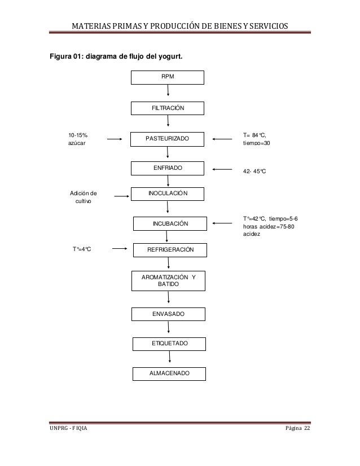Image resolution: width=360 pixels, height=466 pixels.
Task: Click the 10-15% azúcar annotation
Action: [x=78, y=139]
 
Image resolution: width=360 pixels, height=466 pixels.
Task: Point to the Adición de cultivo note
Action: [x=84, y=197]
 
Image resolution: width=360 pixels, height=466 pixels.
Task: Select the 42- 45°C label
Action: [x=254, y=171]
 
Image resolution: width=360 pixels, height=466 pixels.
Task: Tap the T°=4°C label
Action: [x=82, y=249]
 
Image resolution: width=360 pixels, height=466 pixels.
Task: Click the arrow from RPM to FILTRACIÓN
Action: [x=168, y=90]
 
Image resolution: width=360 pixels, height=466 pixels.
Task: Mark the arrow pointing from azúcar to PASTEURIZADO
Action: [x=115, y=139]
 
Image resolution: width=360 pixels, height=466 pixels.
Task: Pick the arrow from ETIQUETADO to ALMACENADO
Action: [x=170, y=357]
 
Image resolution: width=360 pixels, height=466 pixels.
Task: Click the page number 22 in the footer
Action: [x=307, y=428]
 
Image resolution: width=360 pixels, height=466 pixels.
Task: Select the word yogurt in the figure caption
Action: [x=170, y=56]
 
